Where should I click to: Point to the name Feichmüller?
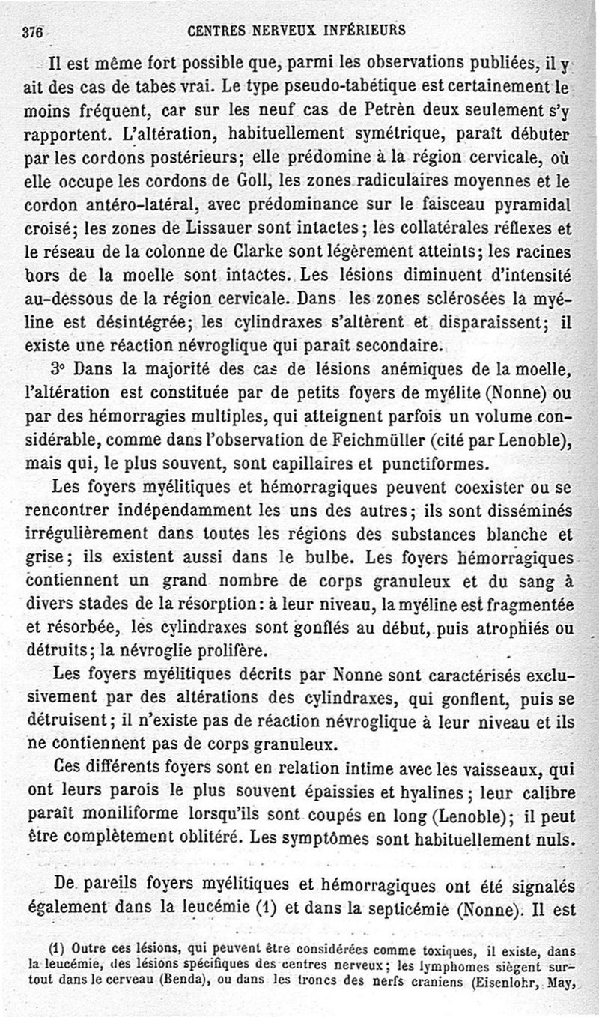(x=407, y=439)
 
